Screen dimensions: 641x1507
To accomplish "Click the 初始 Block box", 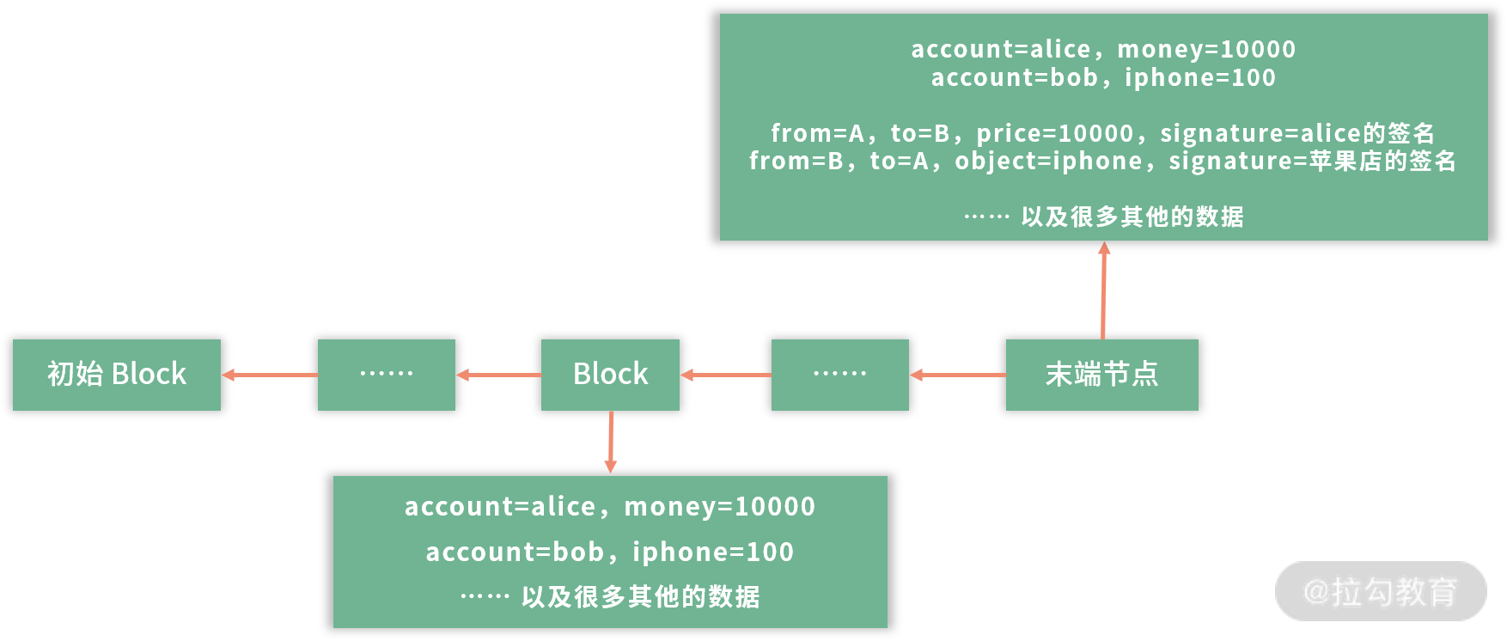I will (117, 375).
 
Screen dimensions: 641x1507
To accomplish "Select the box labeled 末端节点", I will (1101, 375).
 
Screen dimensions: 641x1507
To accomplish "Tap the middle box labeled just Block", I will (610, 375).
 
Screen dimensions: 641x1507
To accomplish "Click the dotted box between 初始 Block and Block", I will (386, 375).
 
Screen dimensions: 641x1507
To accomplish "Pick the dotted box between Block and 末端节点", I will (839, 375).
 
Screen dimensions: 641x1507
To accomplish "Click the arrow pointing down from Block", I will (611, 442).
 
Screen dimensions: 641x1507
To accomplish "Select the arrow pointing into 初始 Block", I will (269, 375).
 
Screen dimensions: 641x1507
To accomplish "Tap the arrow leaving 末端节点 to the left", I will (957, 375).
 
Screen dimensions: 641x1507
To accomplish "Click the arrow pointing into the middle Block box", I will (725, 375).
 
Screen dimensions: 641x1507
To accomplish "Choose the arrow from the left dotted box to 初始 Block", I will (269, 375).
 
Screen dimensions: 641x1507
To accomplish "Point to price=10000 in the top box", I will (1055, 133).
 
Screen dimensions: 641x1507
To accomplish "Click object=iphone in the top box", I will (1048, 162).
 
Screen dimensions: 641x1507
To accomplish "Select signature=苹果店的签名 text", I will (1312, 162).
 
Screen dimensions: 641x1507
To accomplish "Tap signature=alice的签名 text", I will (1297, 133).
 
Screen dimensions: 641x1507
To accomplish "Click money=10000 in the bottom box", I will (719, 507).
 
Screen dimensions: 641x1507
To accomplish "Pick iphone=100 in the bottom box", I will (713, 552).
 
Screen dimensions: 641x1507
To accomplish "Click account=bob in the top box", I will (1014, 78).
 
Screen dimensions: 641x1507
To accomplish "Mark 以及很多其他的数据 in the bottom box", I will (640, 596).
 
